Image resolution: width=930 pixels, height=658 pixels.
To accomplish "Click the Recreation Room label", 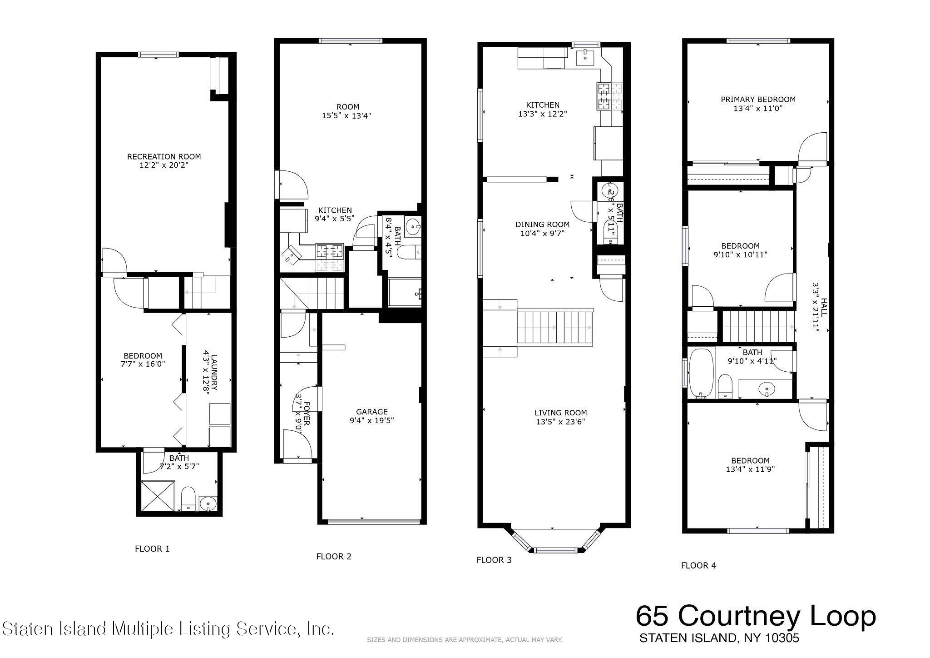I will point(163,156).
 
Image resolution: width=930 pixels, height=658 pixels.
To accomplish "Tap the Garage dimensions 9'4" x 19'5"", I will point(371,420).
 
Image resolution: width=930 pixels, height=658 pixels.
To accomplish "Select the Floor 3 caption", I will point(494,560).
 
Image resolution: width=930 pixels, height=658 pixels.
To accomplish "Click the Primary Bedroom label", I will point(758,99).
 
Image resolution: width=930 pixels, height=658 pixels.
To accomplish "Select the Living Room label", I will point(560,413).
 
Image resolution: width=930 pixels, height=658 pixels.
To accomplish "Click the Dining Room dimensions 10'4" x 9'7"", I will point(542,234).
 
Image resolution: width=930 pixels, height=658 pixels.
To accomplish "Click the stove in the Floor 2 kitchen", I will point(330,250).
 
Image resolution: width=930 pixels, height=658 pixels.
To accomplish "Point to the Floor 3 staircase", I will point(555,328).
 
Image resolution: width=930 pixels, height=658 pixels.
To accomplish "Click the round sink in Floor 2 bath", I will point(413,226).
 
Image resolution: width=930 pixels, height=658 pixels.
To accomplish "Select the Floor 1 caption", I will point(152,548).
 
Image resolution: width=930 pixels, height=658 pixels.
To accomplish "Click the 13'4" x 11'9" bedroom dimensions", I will point(750,469).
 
